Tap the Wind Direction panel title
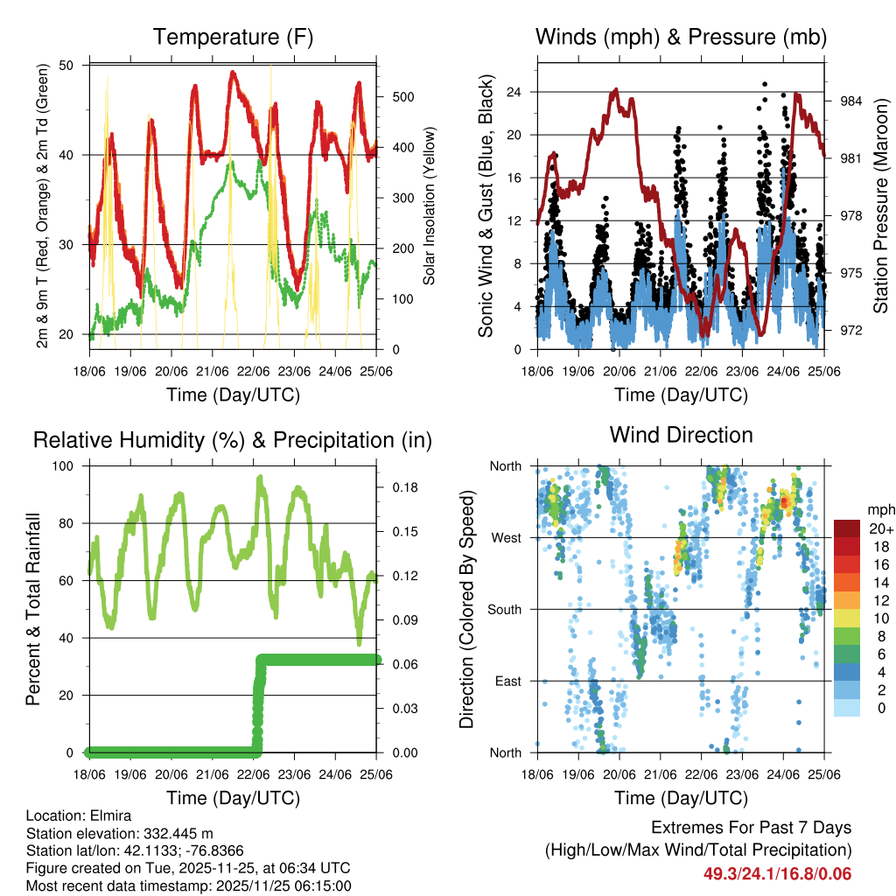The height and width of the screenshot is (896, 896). (x=681, y=435)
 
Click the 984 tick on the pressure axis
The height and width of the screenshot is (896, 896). (x=851, y=101)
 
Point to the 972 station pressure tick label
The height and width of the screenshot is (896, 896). (x=851, y=330)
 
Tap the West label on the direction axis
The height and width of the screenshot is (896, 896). (x=507, y=537)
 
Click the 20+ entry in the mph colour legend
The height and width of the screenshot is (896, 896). (x=880, y=528)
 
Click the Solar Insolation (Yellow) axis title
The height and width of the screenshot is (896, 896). (x=430, y=206)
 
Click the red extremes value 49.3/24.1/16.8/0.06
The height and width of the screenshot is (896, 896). (x=777, y=873)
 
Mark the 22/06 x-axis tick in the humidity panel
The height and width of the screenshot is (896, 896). (x=255, y=774)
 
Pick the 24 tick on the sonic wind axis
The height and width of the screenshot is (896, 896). (x=516, y=92)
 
